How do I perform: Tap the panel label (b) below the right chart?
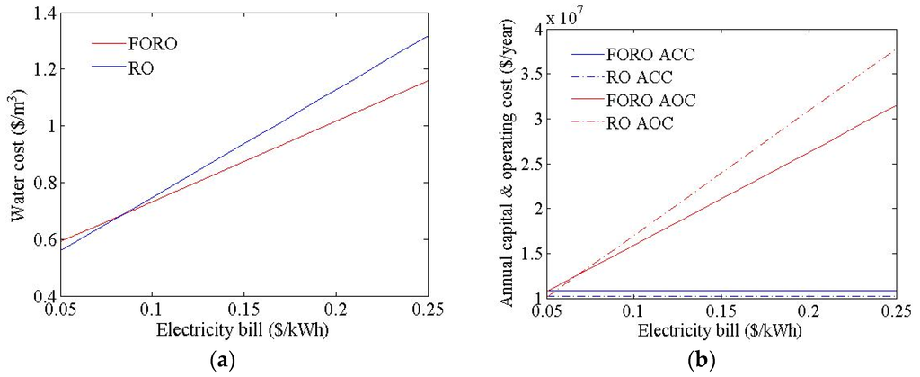pyautogui.click(x=700, y=361)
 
